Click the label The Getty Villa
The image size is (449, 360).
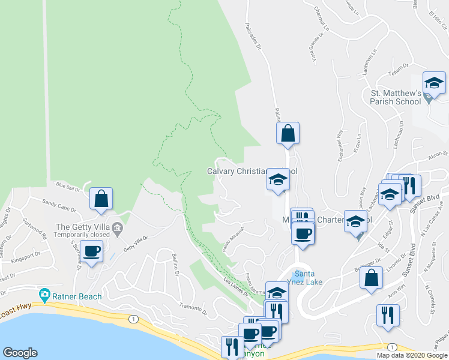tap(83, 226)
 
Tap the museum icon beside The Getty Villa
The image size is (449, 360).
tap(118, 227)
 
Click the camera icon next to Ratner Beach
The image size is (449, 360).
tap(44, 295)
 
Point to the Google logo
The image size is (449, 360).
tap(20, 353)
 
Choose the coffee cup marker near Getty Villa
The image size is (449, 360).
tap(92, 251)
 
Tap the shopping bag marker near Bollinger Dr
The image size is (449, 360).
tap(372, 278)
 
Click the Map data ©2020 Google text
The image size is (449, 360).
tap(412, 355)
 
